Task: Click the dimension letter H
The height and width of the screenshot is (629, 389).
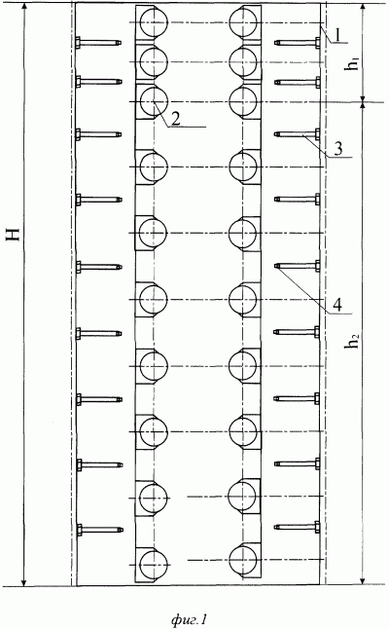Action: tap(14, 234)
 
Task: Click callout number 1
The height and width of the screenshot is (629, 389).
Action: tap(337, 35)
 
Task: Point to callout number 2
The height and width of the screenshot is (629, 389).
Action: tap(175, 119)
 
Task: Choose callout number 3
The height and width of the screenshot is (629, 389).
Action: tap(338, 149)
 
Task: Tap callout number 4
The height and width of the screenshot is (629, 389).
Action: tap(337, 306)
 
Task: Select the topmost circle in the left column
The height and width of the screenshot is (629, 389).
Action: tap(154, 22)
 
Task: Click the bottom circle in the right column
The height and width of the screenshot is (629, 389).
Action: tap(243, 561)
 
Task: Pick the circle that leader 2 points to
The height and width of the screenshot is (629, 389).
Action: tap(154, 101)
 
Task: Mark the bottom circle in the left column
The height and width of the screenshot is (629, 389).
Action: tap(154, 564)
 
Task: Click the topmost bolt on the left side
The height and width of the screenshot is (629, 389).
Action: tap(98, 43)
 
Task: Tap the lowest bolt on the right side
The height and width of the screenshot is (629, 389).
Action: tap(297, 527)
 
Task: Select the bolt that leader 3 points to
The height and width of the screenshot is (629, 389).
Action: tap(297, 134)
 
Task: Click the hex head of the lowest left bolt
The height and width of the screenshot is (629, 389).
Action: tap(79, 530)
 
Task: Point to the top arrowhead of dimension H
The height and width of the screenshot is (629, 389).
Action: tap(25, 8)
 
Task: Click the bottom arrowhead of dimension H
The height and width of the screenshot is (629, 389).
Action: tap(25, 581)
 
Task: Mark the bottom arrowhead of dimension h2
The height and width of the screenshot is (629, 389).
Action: tap(363, 580)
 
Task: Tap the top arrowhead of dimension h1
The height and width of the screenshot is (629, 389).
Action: tap(363, 8)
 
